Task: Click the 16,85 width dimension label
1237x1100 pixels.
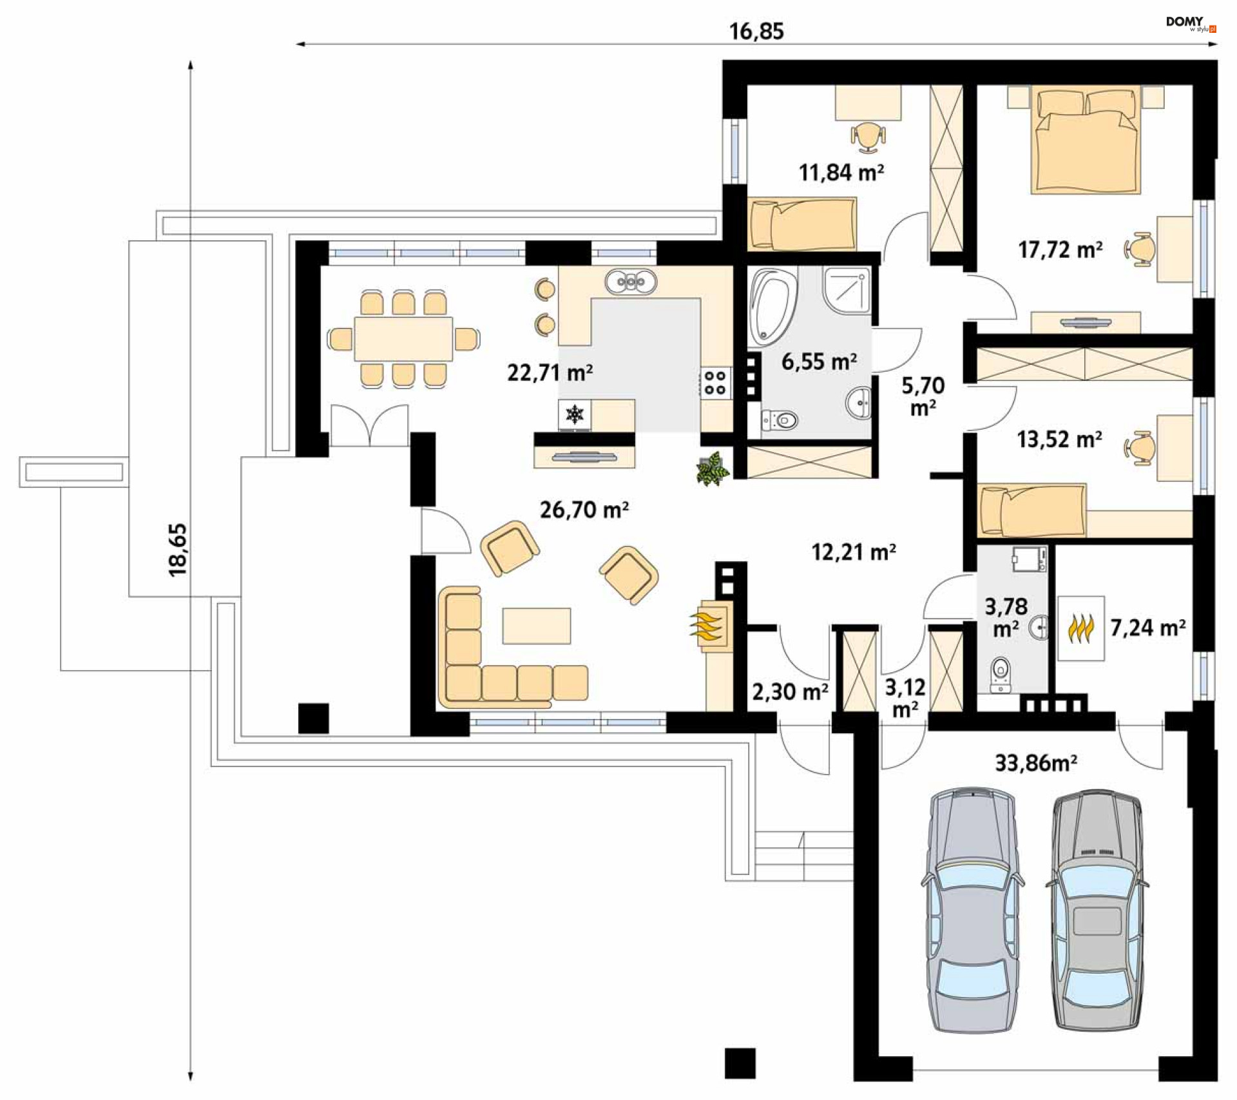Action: [756, 31]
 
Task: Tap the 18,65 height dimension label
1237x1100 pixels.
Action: [177, 550]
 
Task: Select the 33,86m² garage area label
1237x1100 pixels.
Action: [1036, 763]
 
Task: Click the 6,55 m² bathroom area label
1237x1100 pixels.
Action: [819, 362]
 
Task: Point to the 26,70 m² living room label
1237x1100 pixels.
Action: [584, 510]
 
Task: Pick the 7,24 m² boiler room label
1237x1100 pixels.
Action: [1147, 627]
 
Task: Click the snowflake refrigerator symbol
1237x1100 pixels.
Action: [574, 414]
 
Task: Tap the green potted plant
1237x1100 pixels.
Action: [712, 468]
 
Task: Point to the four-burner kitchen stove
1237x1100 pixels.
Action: [715, 383]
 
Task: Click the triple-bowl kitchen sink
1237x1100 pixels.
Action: [631, 282]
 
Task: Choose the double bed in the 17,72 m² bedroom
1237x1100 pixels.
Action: [1086, 140]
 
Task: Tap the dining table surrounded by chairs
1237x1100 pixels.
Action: [403, 338]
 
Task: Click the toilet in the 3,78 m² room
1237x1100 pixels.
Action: [1001, 673]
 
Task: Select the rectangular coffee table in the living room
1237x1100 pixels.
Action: [537, 626]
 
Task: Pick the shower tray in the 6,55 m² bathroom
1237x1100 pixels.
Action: [847, 290]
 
